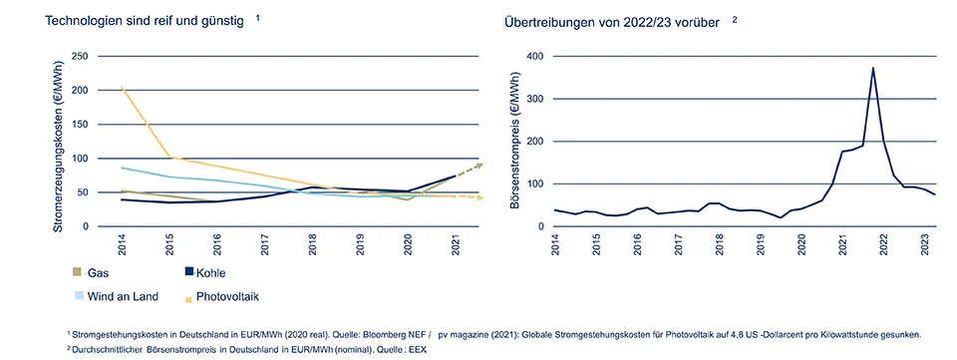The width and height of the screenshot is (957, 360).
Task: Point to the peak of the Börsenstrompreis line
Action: point(873,68)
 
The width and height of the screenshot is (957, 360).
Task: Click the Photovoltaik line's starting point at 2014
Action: point(122,89)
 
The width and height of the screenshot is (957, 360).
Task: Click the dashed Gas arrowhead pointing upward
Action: point(478,165)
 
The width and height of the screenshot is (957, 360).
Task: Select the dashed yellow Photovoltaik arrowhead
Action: point(479,198)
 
